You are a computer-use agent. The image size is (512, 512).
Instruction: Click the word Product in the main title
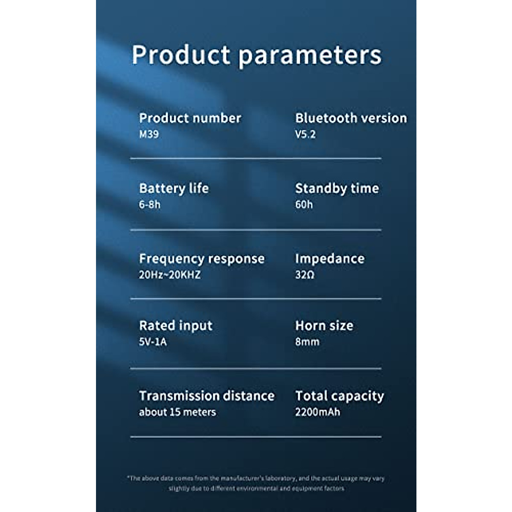[181, 55]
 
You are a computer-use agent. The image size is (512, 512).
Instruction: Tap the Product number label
[190, 118]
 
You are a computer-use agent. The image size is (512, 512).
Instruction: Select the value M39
[149, 134]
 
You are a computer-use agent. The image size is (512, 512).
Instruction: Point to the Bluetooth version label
[351, 118]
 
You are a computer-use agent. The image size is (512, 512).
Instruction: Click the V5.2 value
[305, 134]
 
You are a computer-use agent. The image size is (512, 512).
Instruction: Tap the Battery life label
[174, 189]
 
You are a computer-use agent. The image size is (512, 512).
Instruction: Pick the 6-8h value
[150, 205]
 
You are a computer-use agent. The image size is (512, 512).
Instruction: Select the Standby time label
[337, 189]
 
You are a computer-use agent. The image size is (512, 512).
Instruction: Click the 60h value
[304, 205]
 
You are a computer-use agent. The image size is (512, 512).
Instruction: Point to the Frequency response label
[202, 259]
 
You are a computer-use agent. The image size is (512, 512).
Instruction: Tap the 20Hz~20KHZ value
[170, 275]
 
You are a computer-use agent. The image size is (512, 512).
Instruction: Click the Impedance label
[330, 259]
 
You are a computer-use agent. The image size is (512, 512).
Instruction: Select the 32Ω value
[305, 275]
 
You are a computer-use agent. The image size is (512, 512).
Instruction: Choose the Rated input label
[176, 326]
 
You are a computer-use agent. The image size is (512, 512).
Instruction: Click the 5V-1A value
[153, 342]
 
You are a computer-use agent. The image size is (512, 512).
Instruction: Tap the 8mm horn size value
[307, 342]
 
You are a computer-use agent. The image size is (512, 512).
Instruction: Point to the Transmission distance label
[207, 396]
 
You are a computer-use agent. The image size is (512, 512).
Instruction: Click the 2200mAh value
[317, 412]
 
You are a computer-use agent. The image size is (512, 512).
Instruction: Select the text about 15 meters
[177, 412]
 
